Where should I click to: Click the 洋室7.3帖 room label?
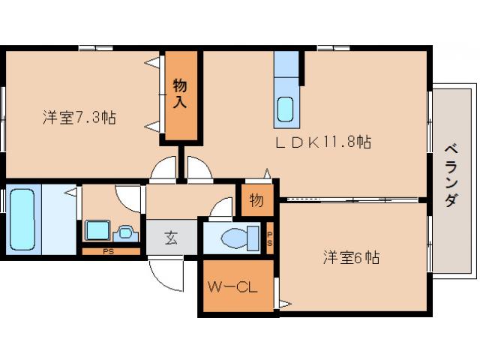tap(79, 117)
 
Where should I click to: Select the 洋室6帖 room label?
tap(351, 257)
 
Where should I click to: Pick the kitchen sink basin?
tap(286, 109)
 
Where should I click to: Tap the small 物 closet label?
tap(256, 201)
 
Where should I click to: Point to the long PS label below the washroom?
tap(109, 251)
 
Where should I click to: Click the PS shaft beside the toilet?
tap(270, 238)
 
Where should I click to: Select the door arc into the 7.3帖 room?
tap(163, 170)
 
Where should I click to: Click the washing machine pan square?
tap(97, 230)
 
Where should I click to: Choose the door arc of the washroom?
tap(129, 196)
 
